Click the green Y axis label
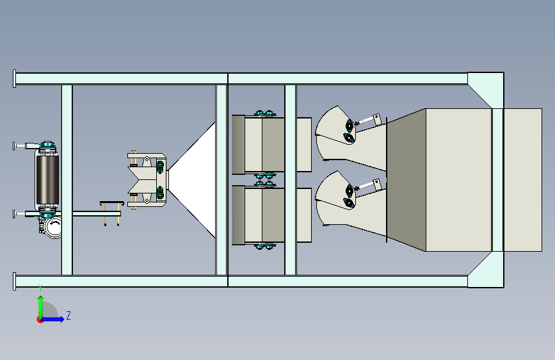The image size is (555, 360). pyautogui.click(x=40, y=288)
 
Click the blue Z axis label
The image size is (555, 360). pyautogui.click(x=68, y=315)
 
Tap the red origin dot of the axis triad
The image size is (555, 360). pyautogui.click(x=39, y=320)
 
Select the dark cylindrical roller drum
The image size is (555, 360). pyautogui.click(x=47, y=179)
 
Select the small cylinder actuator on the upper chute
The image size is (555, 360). pyautogui.click(x=368, y=120)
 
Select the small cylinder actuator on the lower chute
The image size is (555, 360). pyautogui.click(x=368, y=186)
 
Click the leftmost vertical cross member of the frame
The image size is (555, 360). pyautogui.click(x=67, y=179)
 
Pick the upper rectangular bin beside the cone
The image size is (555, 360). pyautogui.click(x=271, y=145)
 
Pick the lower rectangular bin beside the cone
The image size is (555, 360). pyautogui.click(x=271, y=215)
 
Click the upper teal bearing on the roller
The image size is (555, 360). pyautogui.click(x=47, y=145)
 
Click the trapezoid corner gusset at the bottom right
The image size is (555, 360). pyautogui.click(x=485, y=270)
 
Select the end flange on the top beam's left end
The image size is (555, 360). pyautogui.click(x=14, y=78)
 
